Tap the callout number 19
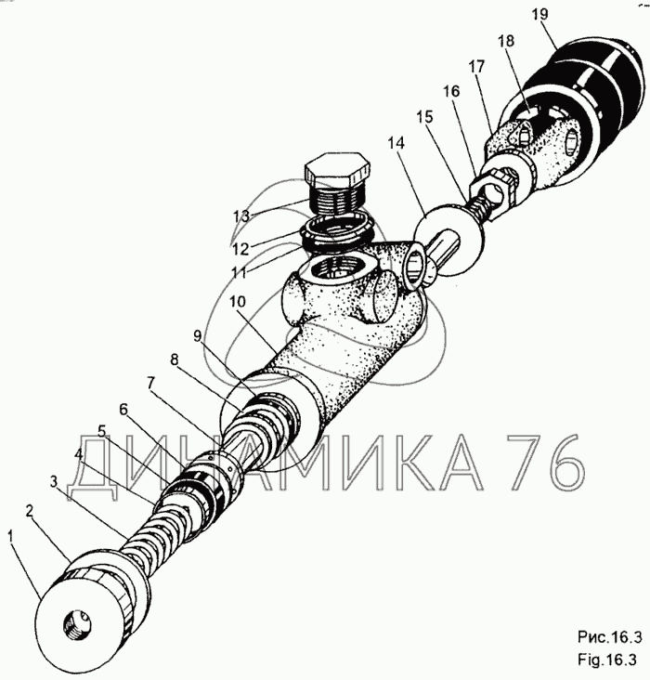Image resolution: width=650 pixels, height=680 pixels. click(x=539, y=14)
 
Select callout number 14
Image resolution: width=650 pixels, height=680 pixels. click(x=396, y=143)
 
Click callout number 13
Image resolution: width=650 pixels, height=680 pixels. click(x=242, y=216)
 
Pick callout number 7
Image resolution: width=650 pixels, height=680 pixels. click(x=151, y=384)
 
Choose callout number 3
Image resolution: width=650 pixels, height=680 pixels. click(x=53, y=481)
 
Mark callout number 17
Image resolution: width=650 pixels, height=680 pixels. click(x=476, y=67)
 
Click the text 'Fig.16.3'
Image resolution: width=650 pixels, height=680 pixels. click(x=607, y=660)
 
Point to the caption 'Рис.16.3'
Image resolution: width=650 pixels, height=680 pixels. click(x=609, y=637)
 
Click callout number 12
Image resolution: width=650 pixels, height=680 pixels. click(x=240, y=249)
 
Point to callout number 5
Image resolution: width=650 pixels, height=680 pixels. click(x=102, y=431)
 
